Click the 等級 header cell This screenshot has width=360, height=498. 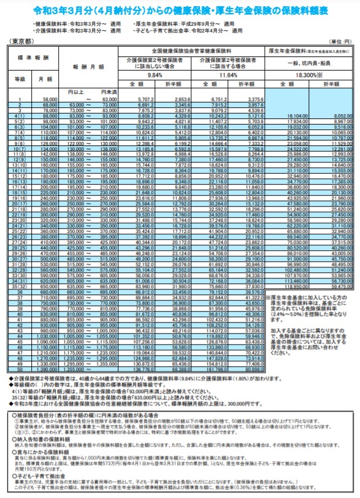pyautogui.click(x=20, y=79)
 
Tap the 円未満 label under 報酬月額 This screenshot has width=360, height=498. pyautogui.click(x=108, y=91)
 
